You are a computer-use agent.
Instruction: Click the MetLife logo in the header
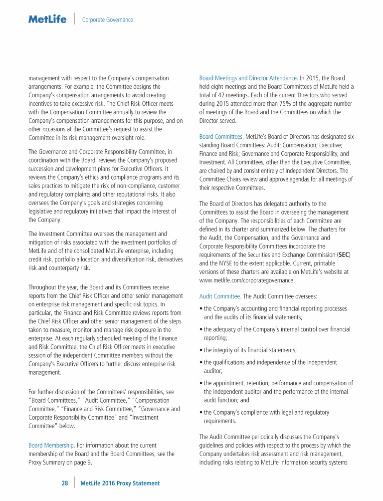(47, 19)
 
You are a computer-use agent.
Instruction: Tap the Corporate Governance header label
(107, 20)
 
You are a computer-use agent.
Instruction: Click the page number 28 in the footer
(65, 483)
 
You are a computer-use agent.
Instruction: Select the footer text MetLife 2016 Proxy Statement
(120, 483)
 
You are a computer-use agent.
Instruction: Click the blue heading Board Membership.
(51, 445)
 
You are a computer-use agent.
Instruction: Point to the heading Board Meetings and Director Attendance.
(248, 78)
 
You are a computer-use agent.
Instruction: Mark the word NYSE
(225, 263)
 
